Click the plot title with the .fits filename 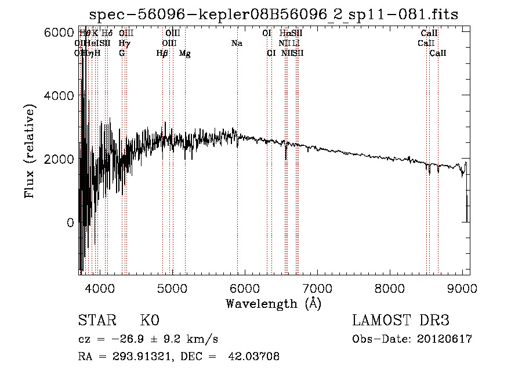(x=274, y=15)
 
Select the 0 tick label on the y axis (x=70, y=222)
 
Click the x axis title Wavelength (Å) (x=273, y=303)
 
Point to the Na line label (x=237, y=44)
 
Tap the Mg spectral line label (x=184, y=53)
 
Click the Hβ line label (x=162, y=53)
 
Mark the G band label (x=122, y=53)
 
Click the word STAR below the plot (x=96, y=321)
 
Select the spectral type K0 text (x=150, y=321)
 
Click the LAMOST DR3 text (x=401, y=321)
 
